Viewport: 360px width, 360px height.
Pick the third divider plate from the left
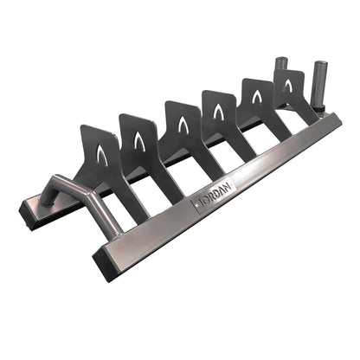tap(181, 128)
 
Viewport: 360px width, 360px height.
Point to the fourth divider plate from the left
tap(220, 114)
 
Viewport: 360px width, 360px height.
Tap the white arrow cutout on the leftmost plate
tap(102, 155)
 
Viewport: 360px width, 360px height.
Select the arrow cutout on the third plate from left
tap(183, 124)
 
